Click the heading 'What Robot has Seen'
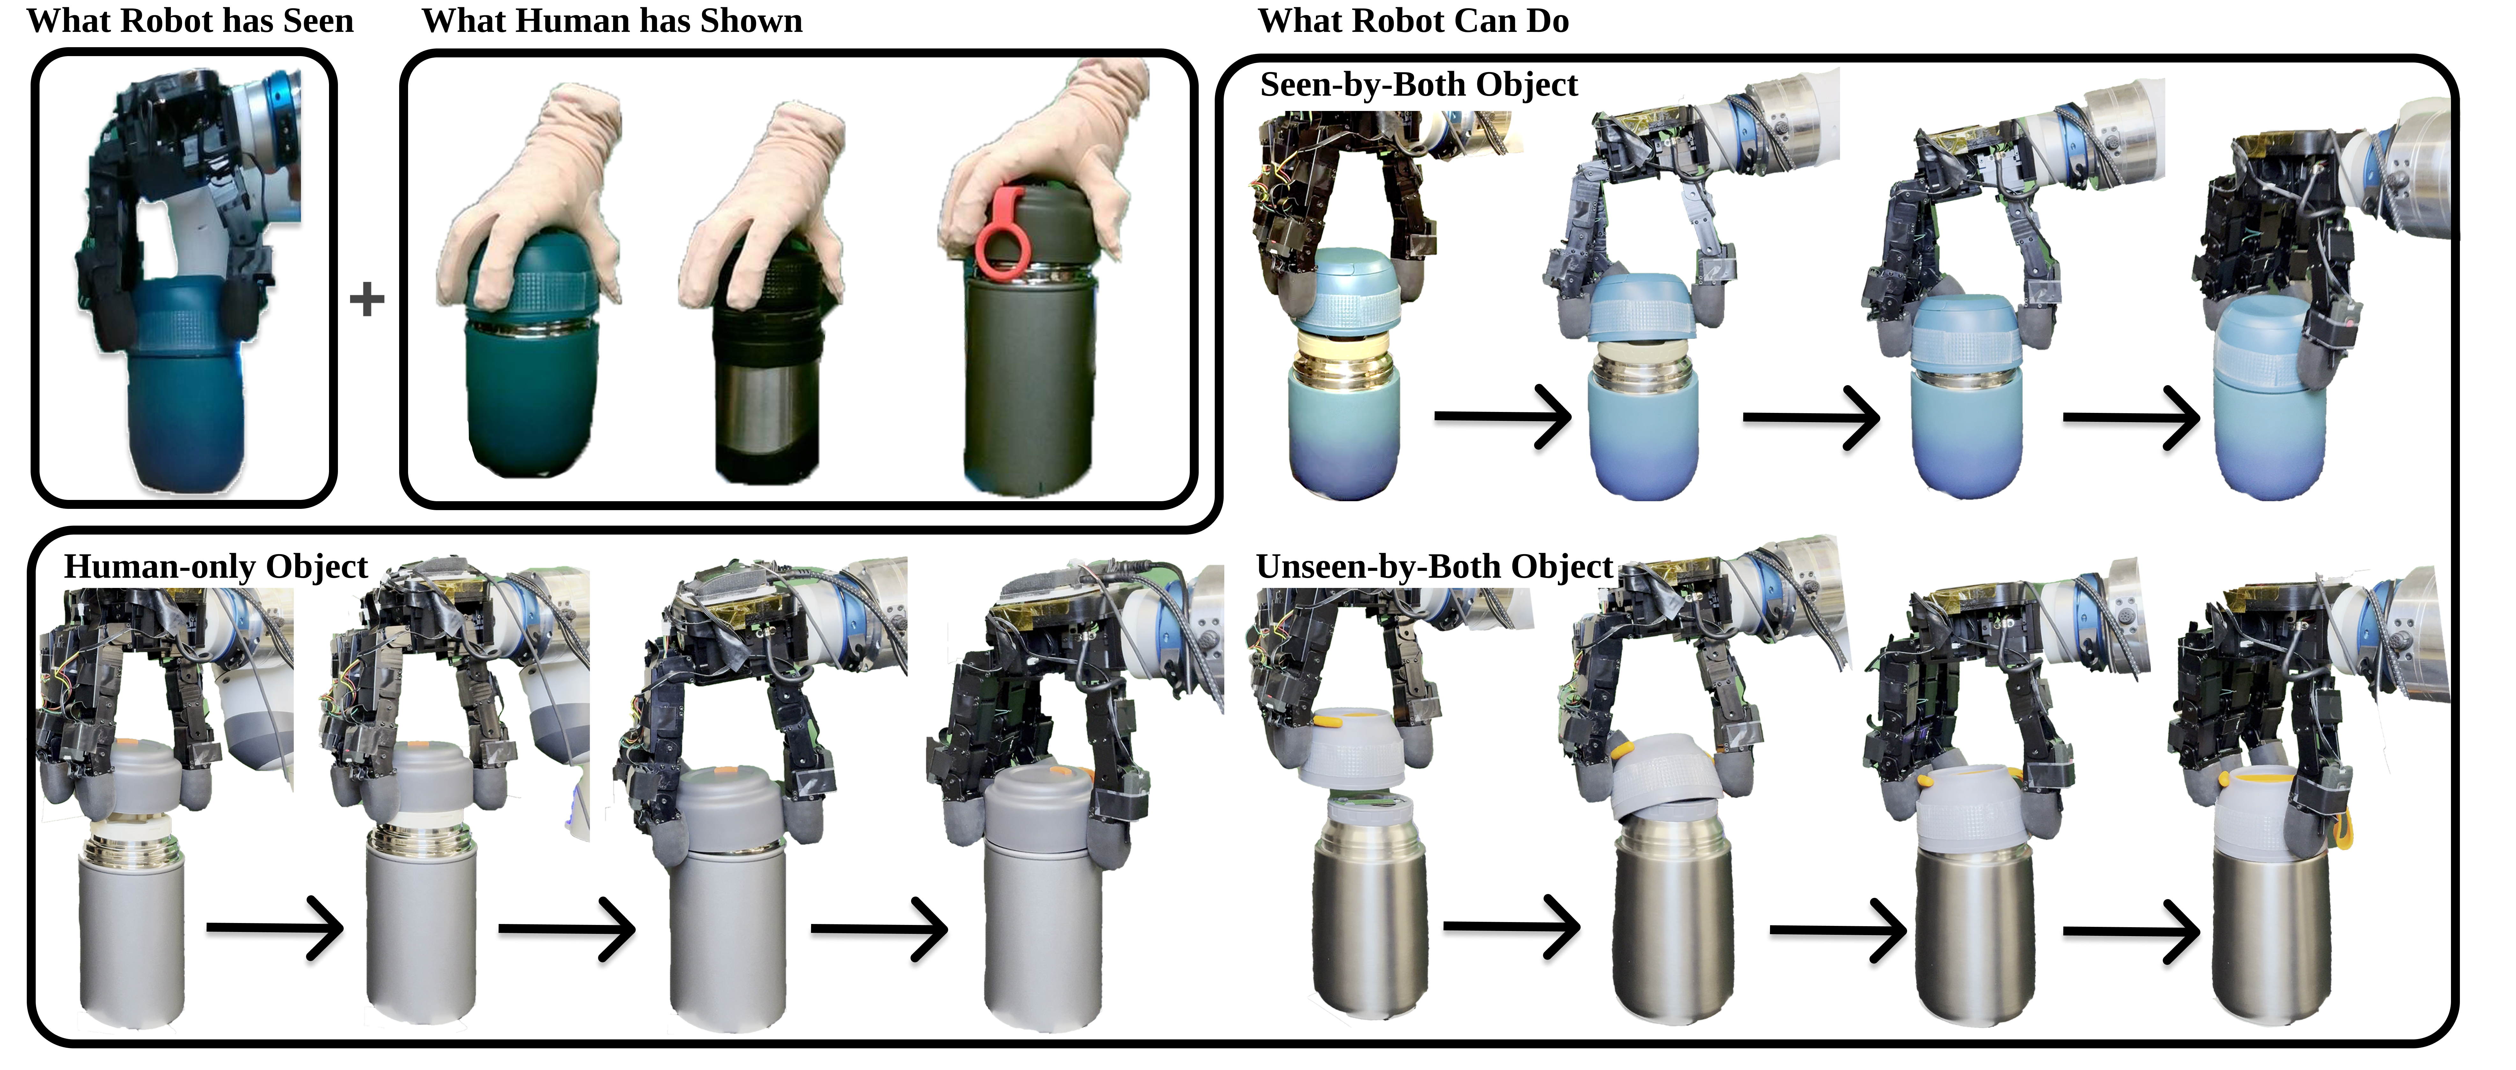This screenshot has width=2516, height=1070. [190, 20]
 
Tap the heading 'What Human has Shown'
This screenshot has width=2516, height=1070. [612, 20]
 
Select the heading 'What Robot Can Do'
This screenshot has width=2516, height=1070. [1413, 20]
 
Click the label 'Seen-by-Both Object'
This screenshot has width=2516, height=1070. [1418, 85]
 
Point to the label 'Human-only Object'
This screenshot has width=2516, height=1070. [216, 567]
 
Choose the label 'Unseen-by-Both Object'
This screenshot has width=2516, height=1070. [1434, 567]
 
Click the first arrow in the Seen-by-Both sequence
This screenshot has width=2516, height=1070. [1502, 416]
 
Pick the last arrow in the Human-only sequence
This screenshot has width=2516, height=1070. [879, 927]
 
